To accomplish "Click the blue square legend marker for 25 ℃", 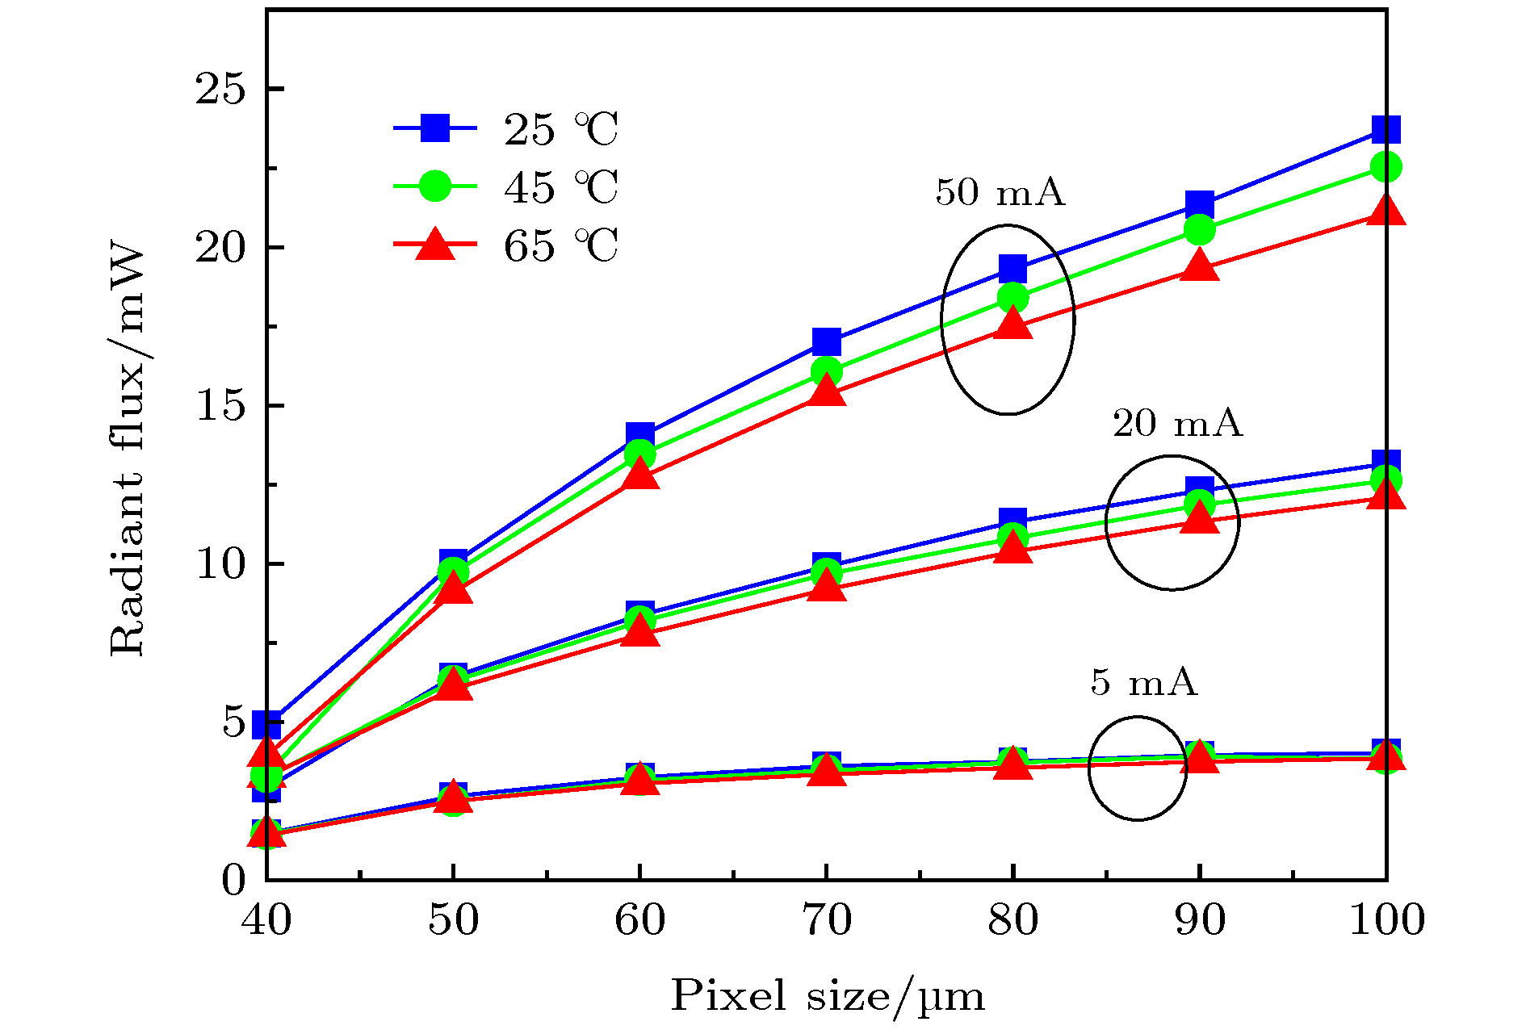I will point(435,128).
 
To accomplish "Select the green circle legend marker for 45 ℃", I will point(435,186).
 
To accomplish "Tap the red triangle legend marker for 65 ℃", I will point(435,245).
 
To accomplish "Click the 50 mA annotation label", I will point(1000,192).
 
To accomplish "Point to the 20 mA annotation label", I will point(1177,423).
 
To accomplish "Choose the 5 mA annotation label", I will point(1143,682).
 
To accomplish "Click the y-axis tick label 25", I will point(220,89).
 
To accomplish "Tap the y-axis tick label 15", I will point(220,406).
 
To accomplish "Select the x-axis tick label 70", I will point(826,919).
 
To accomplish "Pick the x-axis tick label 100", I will point(1386,919).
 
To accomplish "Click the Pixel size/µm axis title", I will point(828,995).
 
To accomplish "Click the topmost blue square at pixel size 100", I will point(1386,129).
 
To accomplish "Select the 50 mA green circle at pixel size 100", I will point(1386,167).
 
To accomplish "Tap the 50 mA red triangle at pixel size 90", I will point(1199,266).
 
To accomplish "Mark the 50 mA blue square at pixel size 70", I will point(826,341).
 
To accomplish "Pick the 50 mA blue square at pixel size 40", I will point(266,723).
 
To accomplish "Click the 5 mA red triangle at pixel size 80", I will point(1012,764).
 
